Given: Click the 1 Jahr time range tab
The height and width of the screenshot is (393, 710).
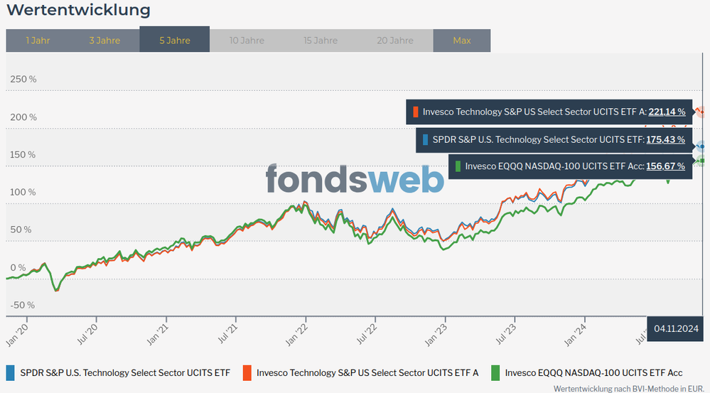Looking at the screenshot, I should (37, 41).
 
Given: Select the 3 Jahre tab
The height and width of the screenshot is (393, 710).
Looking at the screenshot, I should (104, 41).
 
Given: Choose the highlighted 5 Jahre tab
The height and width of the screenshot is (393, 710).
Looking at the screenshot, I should (175, 41).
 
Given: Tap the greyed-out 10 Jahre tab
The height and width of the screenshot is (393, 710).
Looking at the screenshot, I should (247, 41).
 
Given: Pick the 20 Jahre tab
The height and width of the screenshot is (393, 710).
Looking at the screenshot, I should (394, 41).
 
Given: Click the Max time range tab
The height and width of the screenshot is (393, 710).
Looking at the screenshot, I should (462, 41).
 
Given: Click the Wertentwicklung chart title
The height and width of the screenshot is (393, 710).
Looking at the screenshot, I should (78, 11).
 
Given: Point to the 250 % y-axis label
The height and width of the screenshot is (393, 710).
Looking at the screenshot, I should (23, 78).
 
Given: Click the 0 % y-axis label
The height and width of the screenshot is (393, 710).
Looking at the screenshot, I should (18, 267).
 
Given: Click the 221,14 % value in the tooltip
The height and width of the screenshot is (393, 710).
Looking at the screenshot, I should (667, 112).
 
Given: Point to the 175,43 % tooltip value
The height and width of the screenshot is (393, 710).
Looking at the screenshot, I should (665, 140).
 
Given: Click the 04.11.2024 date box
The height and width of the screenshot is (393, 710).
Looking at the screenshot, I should (676, 328).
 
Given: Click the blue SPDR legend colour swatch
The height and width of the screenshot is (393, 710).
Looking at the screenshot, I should (10, 372).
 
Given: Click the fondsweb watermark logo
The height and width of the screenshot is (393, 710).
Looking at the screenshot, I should (355, 179).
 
